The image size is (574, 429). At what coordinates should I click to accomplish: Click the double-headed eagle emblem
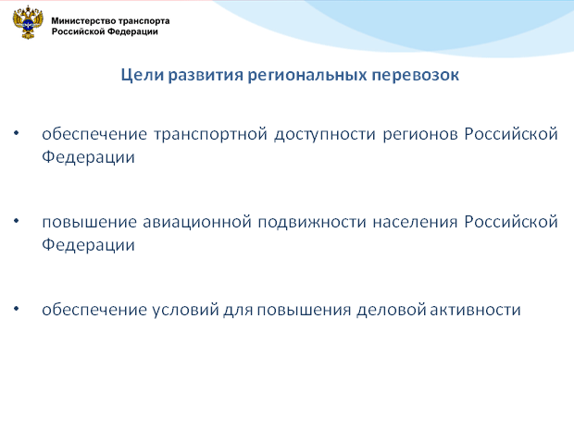click(x=28, y=23)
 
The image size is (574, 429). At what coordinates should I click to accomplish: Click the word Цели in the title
click(x=142, y=75)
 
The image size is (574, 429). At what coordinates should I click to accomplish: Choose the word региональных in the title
click(x=307, y=76)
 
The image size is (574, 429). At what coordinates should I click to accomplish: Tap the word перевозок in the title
click(x=415, y=76)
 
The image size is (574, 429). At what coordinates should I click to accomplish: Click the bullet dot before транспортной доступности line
click(x=17, y=133)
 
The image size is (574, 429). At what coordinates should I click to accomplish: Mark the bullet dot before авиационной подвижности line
click(x=17, y=221)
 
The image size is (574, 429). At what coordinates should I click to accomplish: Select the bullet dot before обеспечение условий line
click(x=17, y=309)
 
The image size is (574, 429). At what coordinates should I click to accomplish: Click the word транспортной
click(x=210, y=135)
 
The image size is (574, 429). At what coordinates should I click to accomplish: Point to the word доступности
click(x=325, y=135)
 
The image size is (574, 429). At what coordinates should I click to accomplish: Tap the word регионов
click(x=420, y=135)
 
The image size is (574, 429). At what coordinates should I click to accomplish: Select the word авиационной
click(x=197, y=222)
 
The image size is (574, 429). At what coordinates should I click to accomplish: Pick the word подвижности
click(x=312, y=223)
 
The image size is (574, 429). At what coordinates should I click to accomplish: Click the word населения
click(x=415, y=223)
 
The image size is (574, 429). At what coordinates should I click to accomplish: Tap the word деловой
click(x=391, y=310)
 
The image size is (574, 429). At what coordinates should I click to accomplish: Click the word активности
click(x=475, y=310)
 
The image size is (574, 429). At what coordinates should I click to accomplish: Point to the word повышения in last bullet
click(x=305, y=310)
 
